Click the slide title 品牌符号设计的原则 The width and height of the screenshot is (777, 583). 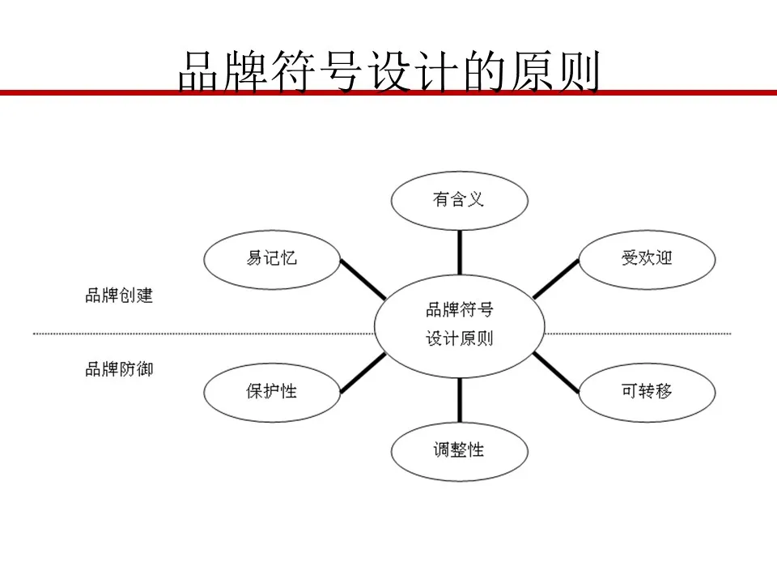[x=389, y=71]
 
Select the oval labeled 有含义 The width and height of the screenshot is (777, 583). [x=460, y=201]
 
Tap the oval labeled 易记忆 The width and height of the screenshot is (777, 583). [x=272, y=259]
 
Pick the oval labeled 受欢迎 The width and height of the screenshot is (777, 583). [x=647, y=259]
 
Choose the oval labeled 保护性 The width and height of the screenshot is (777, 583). [x=272, y=393]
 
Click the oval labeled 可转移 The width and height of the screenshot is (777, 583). [x=647, y=393]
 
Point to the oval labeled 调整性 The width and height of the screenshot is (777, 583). [x=460, y=451]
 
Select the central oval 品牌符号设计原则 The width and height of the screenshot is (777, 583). [x=460, y=326]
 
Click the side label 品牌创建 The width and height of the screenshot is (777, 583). [x=119, y=296]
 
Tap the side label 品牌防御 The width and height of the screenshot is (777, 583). [x=119, y=369]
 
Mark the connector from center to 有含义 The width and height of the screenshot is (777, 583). [x=460, y=253]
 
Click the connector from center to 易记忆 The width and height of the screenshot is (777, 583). [x=363, y=279]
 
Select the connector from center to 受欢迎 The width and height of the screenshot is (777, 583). [x=556, y=279]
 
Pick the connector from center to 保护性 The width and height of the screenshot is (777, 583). [x=363, y=372]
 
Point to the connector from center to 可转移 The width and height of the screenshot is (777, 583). [x=556, y=372]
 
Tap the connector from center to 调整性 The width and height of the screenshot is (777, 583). [x=460, y=400]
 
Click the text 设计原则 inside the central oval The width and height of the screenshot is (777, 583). [x=460, y=339]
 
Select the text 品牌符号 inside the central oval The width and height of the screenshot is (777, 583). [x=460, y=310]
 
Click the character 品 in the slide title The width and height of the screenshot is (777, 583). [x=197, y=71]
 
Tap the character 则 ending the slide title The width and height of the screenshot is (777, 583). [x=580, y=71]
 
